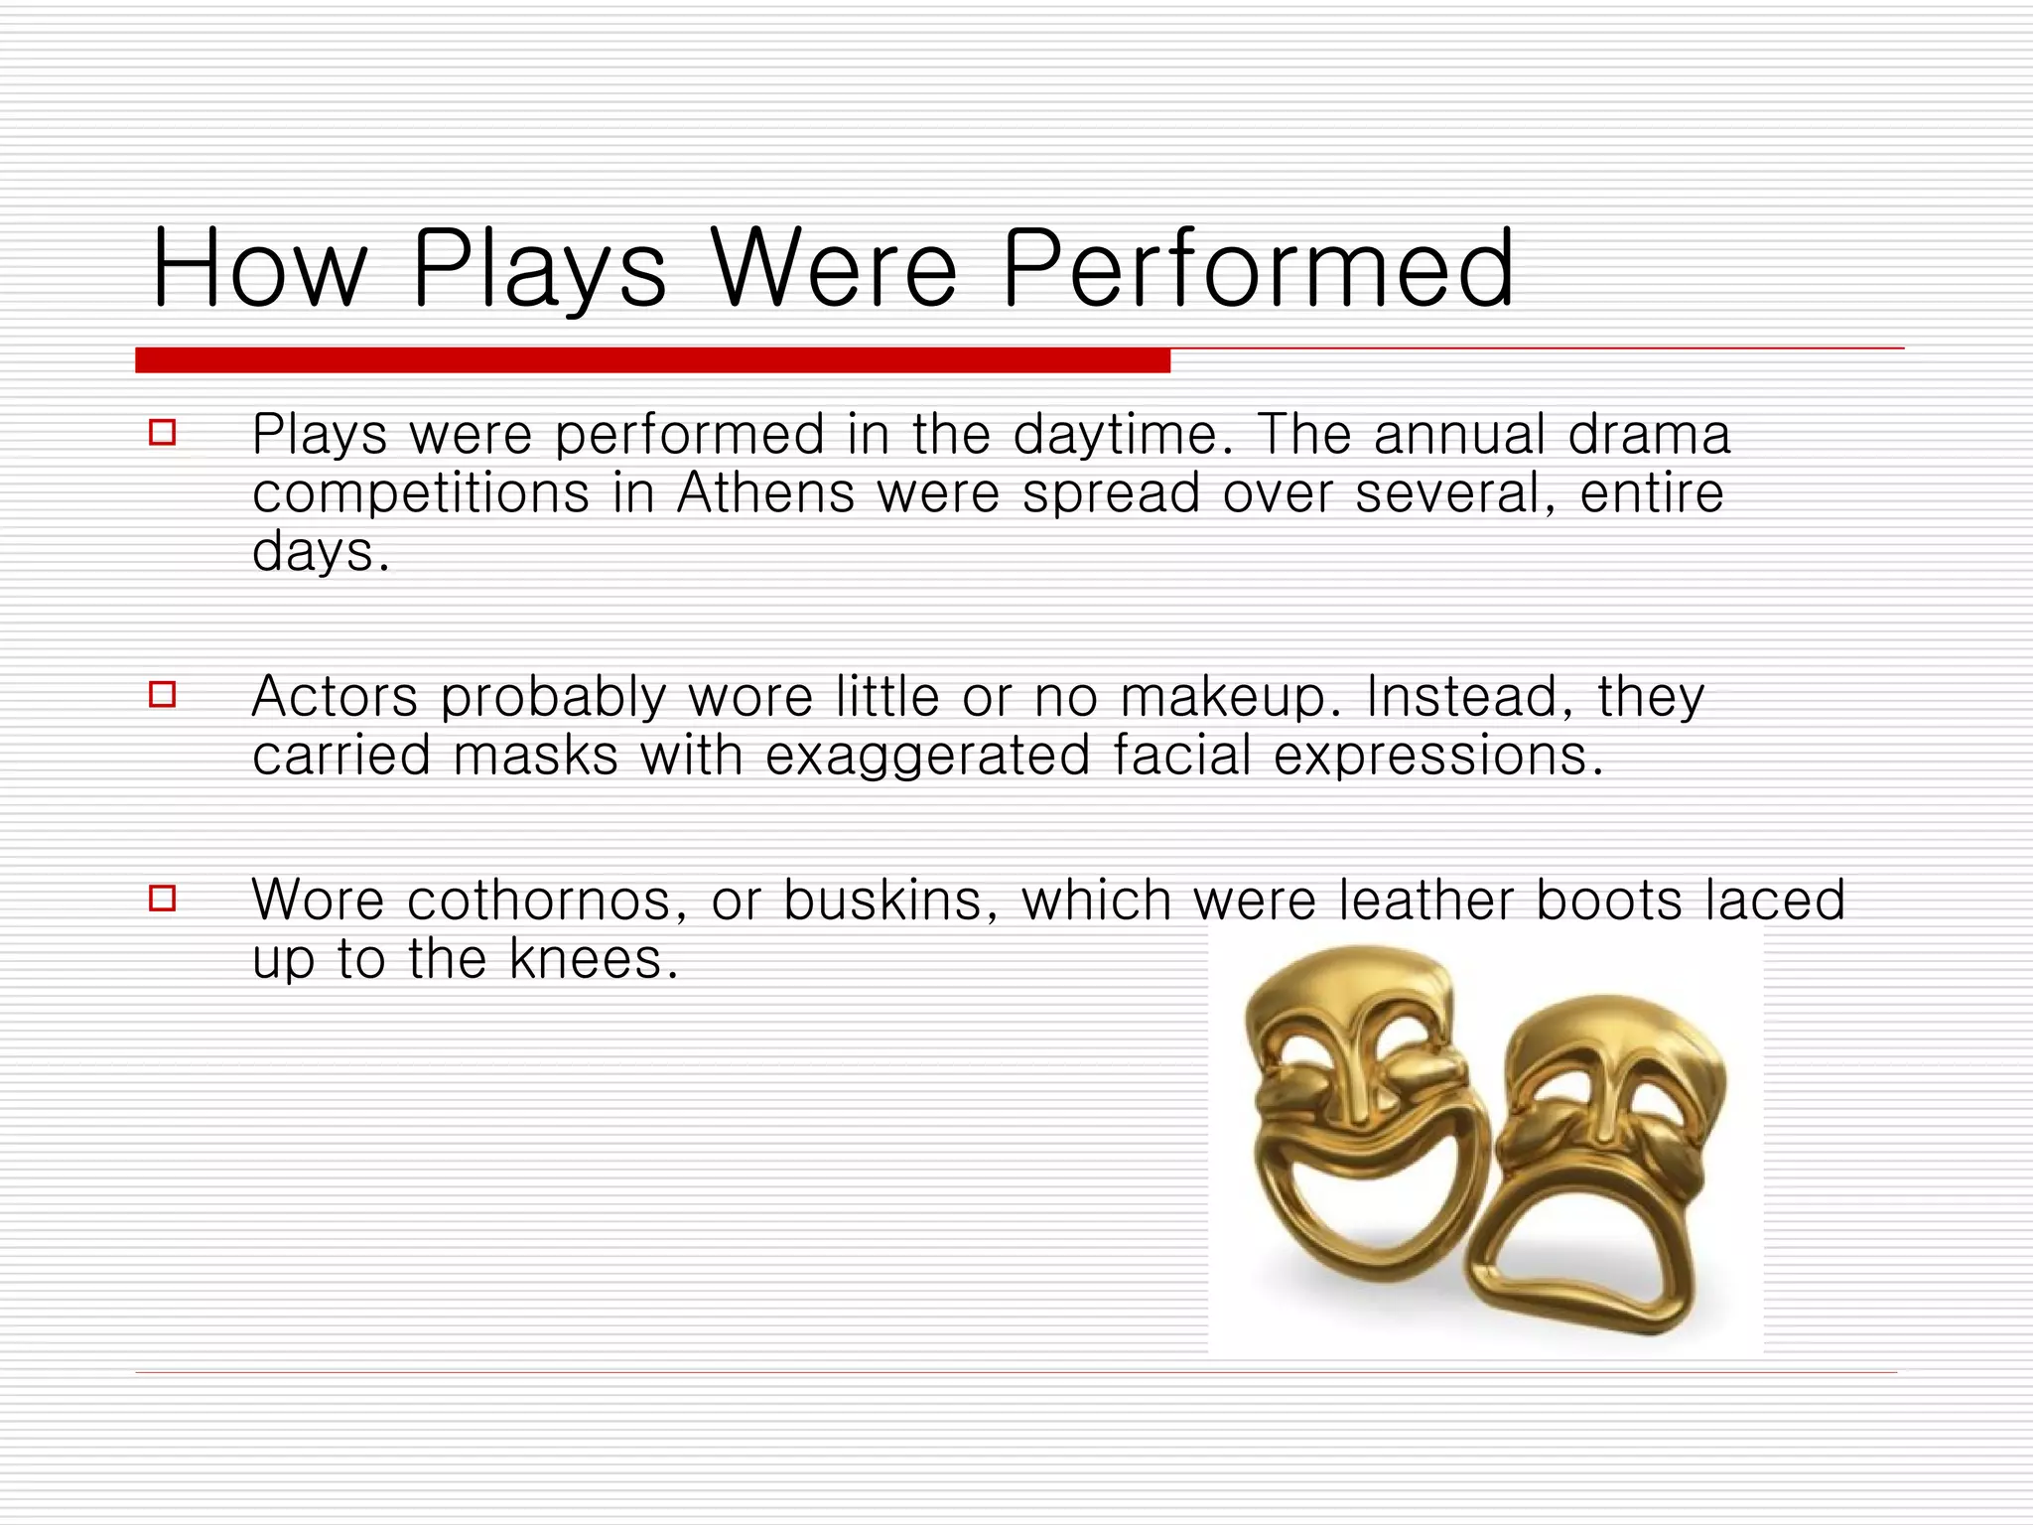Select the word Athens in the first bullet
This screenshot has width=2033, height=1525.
765,493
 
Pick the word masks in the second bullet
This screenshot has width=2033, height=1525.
535,756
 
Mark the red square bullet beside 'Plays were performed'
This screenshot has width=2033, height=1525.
163,433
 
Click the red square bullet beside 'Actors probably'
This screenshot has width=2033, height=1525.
163,694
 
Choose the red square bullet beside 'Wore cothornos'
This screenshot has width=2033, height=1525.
163,899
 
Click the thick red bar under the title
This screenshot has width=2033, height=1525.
652,360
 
